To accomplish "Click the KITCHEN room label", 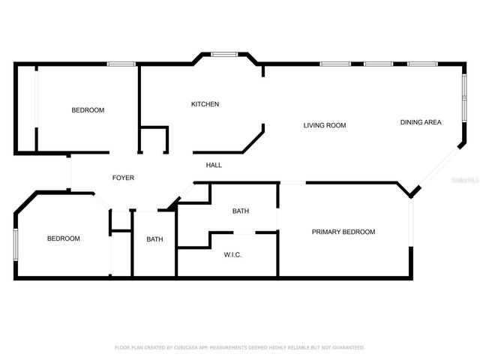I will click(205, 104).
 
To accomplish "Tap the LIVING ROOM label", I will click(324, 125).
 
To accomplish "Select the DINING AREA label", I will click(420, 122).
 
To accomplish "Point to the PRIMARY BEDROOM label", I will click(343, 232).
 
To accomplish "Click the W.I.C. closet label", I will click(232, 255).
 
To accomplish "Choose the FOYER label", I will click(123, 178).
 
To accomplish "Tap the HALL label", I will click(214, 165).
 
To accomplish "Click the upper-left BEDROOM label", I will click(88, 110).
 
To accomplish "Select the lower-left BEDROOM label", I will click(64, 238).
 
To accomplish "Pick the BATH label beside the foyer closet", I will click(154, 239).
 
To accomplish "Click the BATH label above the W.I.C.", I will click(240, 211).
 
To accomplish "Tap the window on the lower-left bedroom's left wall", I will click(15, 246).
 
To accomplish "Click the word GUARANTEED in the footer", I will click(344, 348).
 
